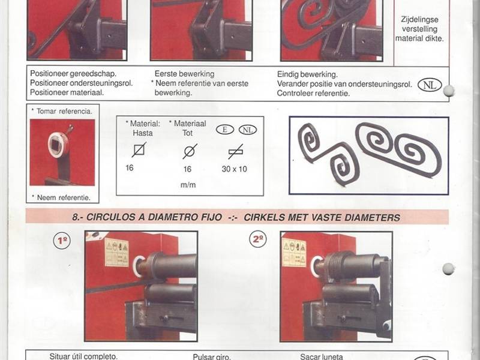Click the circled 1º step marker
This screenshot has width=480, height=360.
(62, 241)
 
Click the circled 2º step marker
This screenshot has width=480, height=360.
(258, 239)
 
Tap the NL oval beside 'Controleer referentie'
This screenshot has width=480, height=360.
(430, 85)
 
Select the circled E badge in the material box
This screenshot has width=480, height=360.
(225, 130)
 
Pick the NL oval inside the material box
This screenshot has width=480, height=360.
(248, 130)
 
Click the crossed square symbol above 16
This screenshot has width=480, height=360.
(139, 150)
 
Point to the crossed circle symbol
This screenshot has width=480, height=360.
(190, 151)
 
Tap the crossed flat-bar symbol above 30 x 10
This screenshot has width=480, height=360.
(236, 152)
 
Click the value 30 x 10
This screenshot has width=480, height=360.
(234, 169)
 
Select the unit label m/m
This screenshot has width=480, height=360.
(188, 185)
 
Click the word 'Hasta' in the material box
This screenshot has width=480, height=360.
(143, 133)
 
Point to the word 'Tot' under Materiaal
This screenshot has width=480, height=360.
(187, 133)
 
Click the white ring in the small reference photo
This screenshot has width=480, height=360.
(58, 145)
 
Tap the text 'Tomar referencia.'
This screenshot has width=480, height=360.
(64, 112)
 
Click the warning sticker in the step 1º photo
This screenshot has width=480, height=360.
(117, 253)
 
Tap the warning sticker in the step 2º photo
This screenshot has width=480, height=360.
(294, 253)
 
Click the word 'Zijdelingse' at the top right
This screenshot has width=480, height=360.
(419, 20)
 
